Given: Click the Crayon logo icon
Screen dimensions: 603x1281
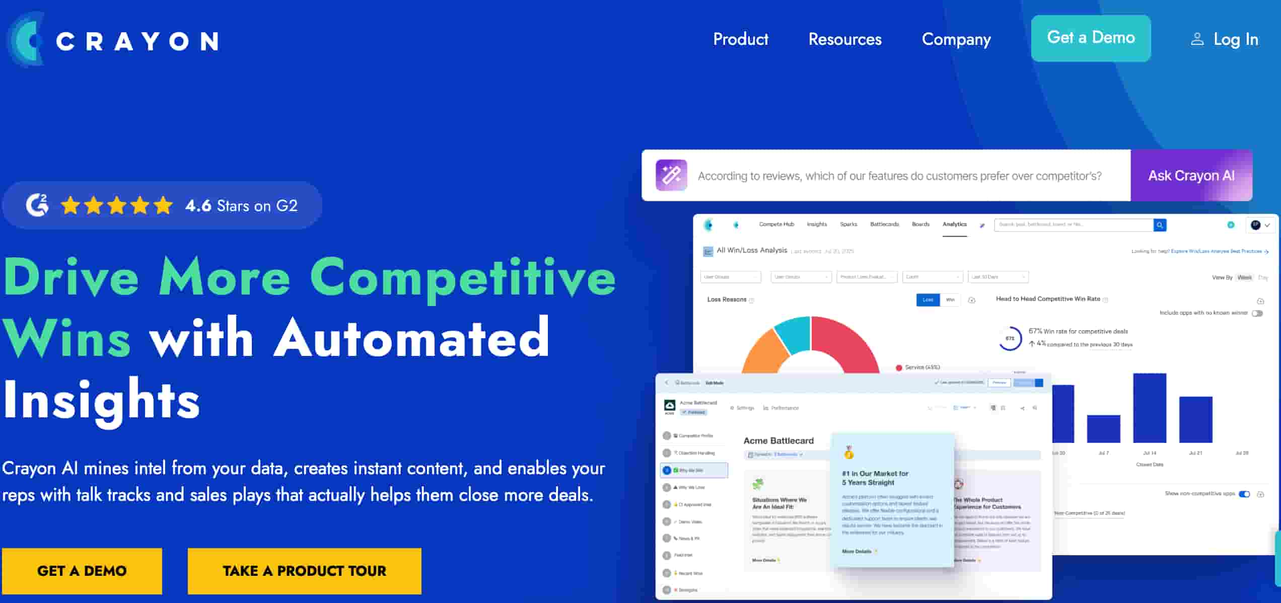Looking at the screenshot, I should click(26, 40).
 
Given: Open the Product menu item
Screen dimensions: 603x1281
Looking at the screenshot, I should click(741, 39).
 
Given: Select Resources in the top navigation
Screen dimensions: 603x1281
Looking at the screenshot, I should click(845, 39).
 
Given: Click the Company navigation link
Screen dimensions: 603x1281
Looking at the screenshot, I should click(956, 39).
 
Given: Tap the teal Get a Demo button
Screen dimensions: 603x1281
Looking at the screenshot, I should click(1091, 38).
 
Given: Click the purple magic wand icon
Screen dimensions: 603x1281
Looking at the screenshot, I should click(671, 175).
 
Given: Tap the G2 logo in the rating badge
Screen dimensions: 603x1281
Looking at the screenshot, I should click(38, 205).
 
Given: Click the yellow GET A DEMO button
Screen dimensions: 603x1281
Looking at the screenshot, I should click(82, 571).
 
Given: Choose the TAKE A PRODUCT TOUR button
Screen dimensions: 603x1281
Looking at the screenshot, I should click(304, 571).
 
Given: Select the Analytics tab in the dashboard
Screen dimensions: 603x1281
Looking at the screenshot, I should click(954, 224).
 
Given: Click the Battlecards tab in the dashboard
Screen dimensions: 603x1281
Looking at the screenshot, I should click(884, 224).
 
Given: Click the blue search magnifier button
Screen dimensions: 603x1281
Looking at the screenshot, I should click(1160, 225).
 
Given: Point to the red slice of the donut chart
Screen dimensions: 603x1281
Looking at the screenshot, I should click(846, 342).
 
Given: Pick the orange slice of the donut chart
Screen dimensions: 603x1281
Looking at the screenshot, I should click(763, 350).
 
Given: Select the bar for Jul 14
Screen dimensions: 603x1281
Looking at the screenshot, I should click(1150, 408).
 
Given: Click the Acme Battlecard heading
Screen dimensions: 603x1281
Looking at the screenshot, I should click(778, 440).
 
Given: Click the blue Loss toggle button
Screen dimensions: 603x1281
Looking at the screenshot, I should click(928, 300).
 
